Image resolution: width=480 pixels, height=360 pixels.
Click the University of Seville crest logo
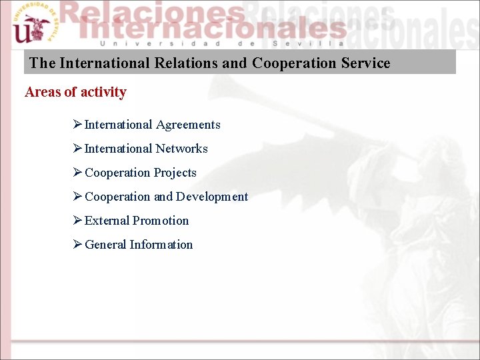click(32, 25)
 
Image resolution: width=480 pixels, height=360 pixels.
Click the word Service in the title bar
click(365, 63)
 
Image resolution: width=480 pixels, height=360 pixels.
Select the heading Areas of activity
click(75, 92)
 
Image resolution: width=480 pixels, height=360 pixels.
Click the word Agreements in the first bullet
click(188, 125)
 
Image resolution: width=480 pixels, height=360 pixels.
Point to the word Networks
click(182, 149)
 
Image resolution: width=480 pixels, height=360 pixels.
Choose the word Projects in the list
click(175, 173)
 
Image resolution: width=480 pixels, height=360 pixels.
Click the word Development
click(212, 197)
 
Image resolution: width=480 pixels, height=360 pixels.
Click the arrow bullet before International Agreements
click(77, 125)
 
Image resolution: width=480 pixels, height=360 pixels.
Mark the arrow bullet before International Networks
click(77, 149)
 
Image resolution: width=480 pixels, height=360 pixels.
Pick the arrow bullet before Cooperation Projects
click(77, 173)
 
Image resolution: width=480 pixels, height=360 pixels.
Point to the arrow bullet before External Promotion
click(77, 221)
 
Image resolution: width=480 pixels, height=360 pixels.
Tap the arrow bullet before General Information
click(77, 245)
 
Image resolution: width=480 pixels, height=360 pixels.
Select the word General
click(105, 245)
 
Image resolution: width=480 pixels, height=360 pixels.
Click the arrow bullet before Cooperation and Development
click(77, 197)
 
